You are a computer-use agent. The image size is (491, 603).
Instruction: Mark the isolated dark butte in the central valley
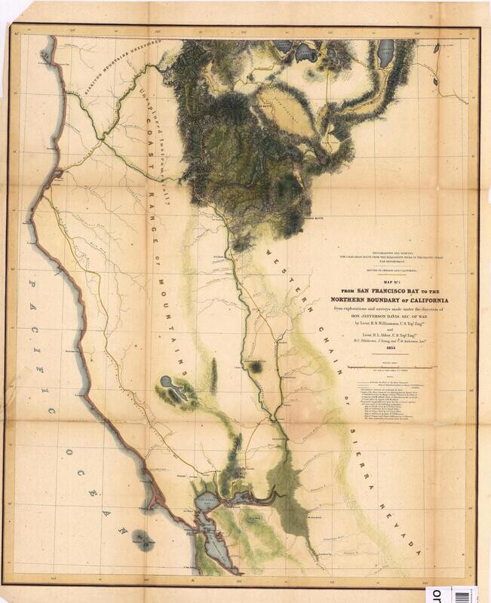(258, 367)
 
